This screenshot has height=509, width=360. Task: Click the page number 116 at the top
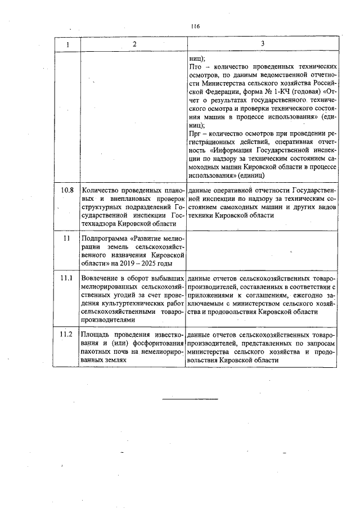(195, 26)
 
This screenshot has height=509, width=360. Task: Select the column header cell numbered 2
(134, 44)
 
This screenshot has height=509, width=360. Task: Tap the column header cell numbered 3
(262, 44)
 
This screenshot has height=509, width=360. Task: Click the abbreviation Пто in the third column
(196, 67)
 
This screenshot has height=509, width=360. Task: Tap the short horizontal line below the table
(185, 400)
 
